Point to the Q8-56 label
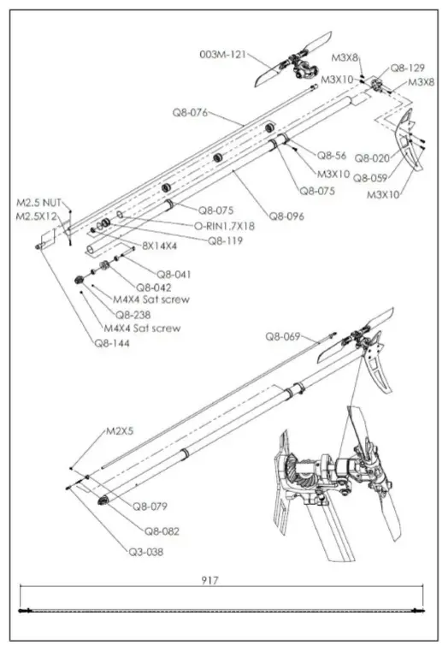point(332,155)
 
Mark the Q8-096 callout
point(287,216)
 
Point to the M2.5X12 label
point(36,216)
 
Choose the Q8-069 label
point(283,336)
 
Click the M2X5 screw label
point(120,432)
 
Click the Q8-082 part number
point(162,530)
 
